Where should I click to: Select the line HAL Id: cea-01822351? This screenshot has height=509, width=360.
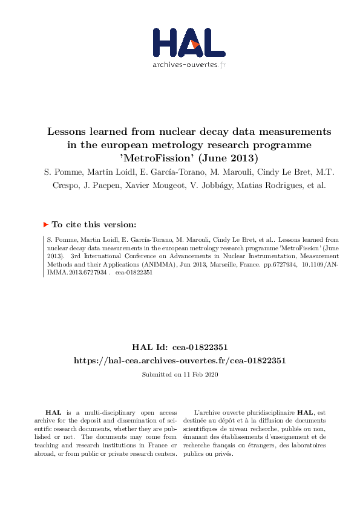[180, 347]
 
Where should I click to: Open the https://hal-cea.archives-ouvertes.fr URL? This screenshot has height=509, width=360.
[180, 360]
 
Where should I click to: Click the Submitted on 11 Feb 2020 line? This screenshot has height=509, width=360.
[180, 375]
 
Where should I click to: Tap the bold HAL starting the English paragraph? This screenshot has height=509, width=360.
[53, 411]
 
